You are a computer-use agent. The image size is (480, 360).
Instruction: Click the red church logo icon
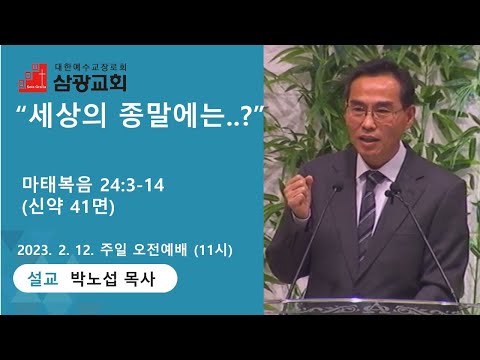tap(32, 78)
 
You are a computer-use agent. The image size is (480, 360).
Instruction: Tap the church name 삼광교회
tap(90, 82)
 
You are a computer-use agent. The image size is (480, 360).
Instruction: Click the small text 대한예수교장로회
tap(90, 67)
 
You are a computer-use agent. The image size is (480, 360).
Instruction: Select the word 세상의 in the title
tap(67, 116)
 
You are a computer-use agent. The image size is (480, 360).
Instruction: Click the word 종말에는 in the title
tap(171, 116)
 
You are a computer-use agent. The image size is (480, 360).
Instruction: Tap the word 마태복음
tap(56, 185)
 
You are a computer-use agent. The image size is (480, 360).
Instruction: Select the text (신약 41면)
tap(68, 207)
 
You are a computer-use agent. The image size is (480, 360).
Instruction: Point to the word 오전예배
tap(160, 250)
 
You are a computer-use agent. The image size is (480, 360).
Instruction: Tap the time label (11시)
tap(213, 250)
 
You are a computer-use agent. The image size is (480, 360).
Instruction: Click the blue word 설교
tap(43, 278)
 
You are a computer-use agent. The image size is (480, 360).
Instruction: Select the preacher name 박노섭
tap(94, 279)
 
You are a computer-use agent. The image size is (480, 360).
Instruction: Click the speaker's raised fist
tap(297, 197)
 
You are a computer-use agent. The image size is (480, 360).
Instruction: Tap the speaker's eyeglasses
tap(374, 112)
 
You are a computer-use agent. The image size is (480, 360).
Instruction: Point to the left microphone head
tap(337, 188)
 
